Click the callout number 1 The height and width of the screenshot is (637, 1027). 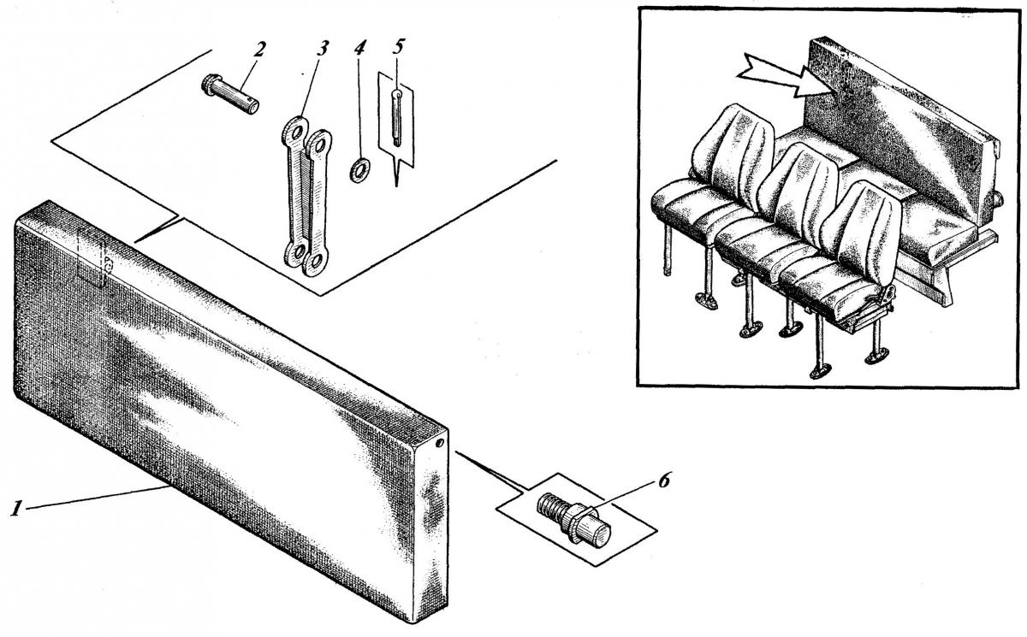pyautogui.click(x=16, y=509)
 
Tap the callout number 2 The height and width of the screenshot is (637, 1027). pyautogui.click(x=259, y=50)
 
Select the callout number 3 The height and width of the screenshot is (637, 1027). pyautogui.click(x=323, y=48)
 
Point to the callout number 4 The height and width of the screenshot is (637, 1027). pyautogui.click(x=360, y=48)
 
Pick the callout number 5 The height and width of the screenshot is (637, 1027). pyautogui.click(x=399, y=46)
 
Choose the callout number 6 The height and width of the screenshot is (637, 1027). pyautogui.click(x=664, y=480)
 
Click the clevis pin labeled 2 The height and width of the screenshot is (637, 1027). pyautogui.click(x=230, y=94)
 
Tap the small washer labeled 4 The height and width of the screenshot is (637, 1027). pyautogui.click(x=360, y=170)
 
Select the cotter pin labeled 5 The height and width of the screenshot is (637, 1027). pyautogui.click(x=397, y=118)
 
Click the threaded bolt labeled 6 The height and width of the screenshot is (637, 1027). pyautogui.click(x=573, y=520)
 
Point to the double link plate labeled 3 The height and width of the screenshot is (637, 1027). pyautogui.click(x=307, y=197)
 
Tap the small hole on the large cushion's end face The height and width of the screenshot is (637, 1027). pyautogui.click(x=439, y=443)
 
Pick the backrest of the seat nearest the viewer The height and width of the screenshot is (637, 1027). pyautogui.click(x=862, y=229)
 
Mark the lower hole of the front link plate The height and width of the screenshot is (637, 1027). pyautogui.click(x=315, y=262)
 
